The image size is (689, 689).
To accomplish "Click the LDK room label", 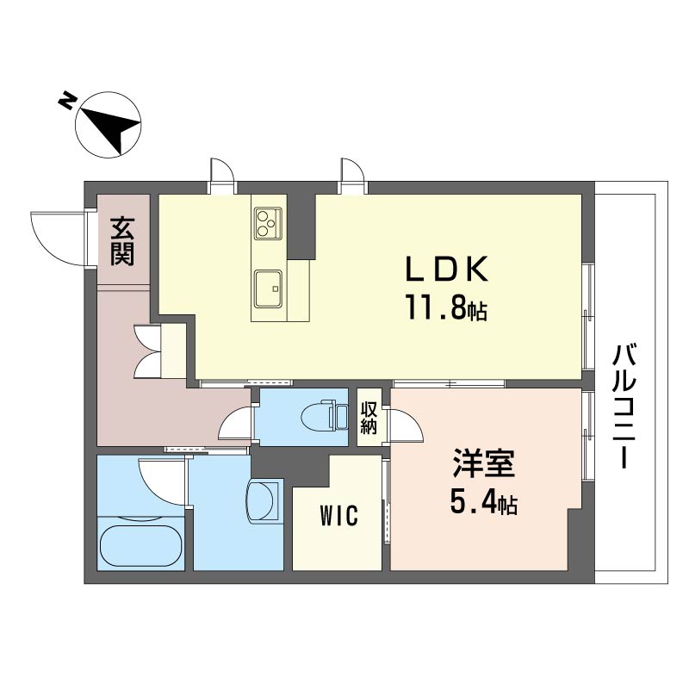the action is pyautogui.click(x=446, y=269).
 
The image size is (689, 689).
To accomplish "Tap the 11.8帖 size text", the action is pyautogui.click(x=446, y=307).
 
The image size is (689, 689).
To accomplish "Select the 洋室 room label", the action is pyautogui.click(x=484, y=463).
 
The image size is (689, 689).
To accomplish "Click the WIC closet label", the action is pyautogui.click(x=338, y=515).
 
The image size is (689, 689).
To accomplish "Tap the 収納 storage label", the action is pyautogui.click(x=369, y=418).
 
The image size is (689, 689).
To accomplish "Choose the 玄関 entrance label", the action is pyautogui.click(x=122, y=241).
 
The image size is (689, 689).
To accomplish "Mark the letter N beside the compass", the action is pyautogui.click(x=66, y=101).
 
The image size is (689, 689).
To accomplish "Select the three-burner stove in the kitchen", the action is pyautogui.click(x=268, y=224).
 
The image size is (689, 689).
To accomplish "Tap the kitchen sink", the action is pyautogui.click(x=268, y=289).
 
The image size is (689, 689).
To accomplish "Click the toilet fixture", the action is pyautogui.click(x=325, y=414).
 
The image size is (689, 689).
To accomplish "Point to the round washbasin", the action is pyautogui.click(x=263, y=501).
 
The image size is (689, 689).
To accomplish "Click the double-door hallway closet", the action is pyautogui.click(x=146, y=351).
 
